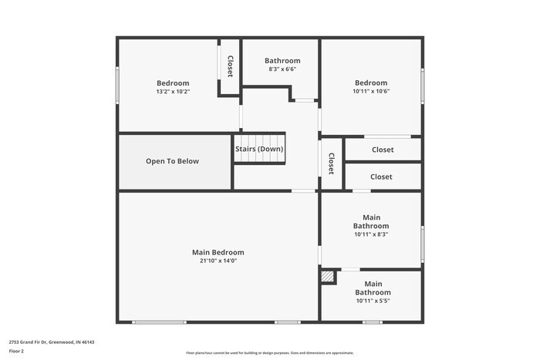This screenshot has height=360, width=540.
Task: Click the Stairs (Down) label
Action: pyautogui.click(x=259, y=149)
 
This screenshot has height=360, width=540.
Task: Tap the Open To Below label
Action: pyautogui.click(x=172, y=161)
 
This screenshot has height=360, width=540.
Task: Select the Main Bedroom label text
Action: pyautogui.click(x=218, y=252)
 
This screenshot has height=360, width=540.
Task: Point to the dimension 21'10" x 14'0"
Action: pyautogui.click(x=218, y=261)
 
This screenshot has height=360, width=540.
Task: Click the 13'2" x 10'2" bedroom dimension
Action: pyautogui.click(x=173, y=92)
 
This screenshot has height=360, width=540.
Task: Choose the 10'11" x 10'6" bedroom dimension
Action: pyautogui.click(x=371, y=91)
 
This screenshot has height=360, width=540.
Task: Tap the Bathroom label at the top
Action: pyautogui.click(x=282, y=61)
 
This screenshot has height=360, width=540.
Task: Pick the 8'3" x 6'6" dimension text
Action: pyautogui.click(x=282, y=69)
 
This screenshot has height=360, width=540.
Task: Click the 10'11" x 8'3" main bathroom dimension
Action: pyautogui.click(x=371, y=234)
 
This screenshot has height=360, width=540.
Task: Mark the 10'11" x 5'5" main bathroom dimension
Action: pyautogui.click(x=373, y=301)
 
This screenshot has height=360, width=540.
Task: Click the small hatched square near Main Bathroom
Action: pyautogui.click(x=328, y=277)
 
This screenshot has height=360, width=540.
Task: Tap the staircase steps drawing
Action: pyautogui.click(x=260, y=157)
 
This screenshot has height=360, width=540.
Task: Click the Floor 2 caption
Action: pyautogui.click(x=16, y=351)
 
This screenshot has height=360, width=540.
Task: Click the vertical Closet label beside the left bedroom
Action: pyautogui.click(x=230, y=66)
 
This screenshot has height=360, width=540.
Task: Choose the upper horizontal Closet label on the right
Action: pyautogui.click(x=382, y=150)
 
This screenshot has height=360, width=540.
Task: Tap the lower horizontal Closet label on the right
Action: pyautogui.click(x=381, y=177)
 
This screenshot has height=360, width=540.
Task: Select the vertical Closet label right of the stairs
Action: pyautogui.click(x=331, y=163)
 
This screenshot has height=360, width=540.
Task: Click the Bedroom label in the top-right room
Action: pyautogui.click(x=371, y=82)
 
